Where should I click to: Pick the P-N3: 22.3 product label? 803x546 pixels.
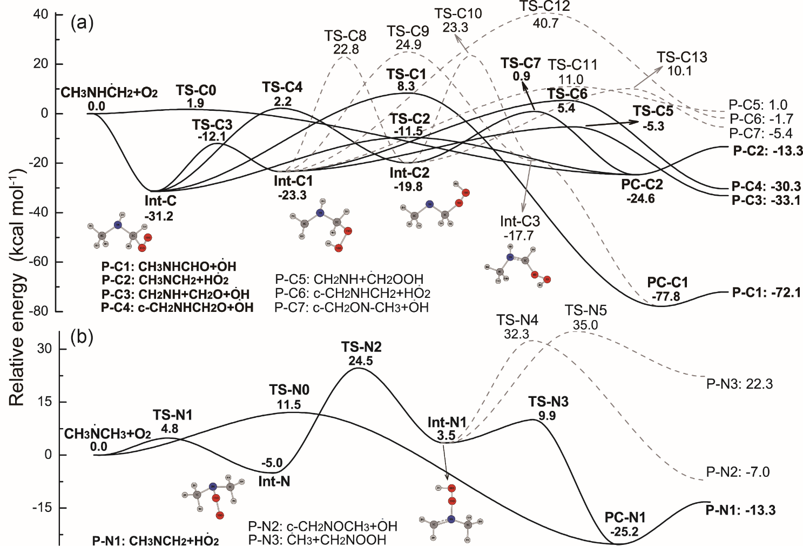[x=739, y=384]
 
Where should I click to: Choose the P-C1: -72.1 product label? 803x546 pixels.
[x=766, y=292]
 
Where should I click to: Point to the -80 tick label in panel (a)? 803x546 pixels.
[x=39, y=311]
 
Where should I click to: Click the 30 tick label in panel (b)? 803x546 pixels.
[x=44, y=349]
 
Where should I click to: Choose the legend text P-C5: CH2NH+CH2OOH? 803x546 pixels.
[x=349, y=279]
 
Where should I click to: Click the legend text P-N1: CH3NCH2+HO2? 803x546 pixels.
[x=156, y=541]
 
